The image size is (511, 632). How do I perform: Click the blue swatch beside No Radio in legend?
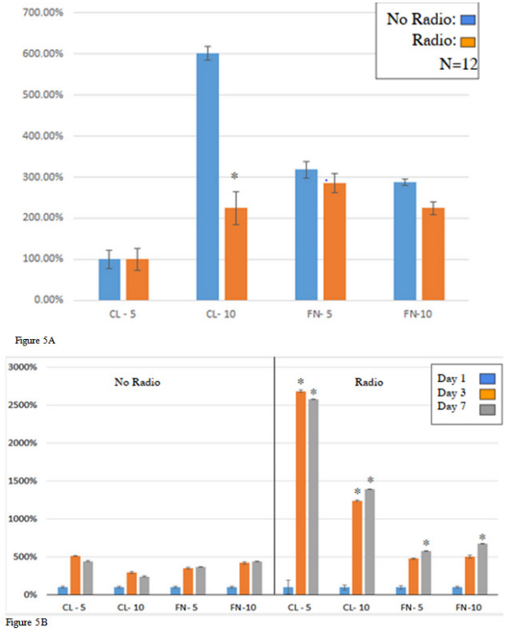pyautogui.click(x=469, y=19)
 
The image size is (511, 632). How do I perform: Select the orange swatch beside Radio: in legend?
pyautogui.click(x=469, y=40)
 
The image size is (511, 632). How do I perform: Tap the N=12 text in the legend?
pyautogui.click(x=458, y=63)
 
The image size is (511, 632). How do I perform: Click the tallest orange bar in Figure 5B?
pyautogui.click(x=300, y=492)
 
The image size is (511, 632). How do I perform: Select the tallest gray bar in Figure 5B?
pyautogui.click(x=312, y=497)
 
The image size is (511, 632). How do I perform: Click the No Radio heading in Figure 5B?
pyautogui.click(x=136, y=382)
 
